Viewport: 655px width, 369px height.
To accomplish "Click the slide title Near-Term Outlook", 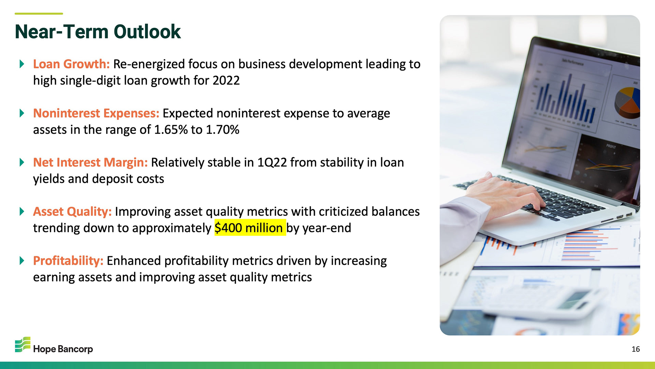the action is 98,32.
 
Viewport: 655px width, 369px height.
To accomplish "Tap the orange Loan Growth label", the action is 71,64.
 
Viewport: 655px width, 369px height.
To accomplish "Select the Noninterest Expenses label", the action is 96,113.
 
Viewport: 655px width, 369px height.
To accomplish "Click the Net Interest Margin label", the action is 90,163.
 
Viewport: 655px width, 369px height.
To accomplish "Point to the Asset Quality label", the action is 72,212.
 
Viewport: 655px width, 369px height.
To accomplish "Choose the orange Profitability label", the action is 68,261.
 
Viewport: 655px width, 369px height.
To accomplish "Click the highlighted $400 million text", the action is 250,228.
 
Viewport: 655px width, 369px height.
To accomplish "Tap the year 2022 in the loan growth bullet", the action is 226,81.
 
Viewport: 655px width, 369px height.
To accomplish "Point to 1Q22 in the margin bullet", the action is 272,163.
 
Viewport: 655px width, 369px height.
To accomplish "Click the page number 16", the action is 636,349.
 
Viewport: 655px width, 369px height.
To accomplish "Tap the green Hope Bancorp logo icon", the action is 23,344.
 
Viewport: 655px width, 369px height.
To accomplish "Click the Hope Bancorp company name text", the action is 63,349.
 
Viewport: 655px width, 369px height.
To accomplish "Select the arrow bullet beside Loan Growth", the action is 22,64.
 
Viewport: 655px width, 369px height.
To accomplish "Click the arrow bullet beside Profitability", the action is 22,261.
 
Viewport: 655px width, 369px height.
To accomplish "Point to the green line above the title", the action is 39,14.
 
